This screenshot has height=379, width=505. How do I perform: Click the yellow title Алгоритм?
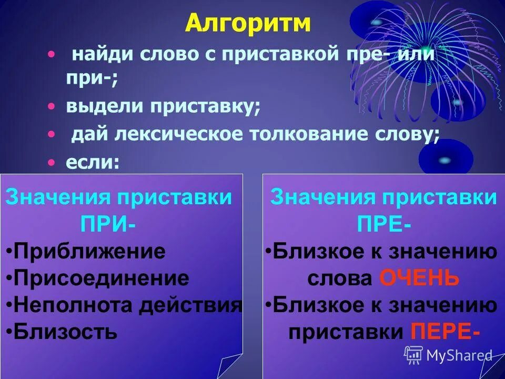click(248, 24)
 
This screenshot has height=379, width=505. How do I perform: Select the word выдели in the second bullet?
click(104, 106)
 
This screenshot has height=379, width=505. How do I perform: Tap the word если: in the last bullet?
click(93, 163)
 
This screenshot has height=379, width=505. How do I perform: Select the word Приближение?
click(90, 251)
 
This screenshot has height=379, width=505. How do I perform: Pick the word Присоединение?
click(102, 278)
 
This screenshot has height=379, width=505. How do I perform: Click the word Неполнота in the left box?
click(73, 305)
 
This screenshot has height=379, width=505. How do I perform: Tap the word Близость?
click(66, 332)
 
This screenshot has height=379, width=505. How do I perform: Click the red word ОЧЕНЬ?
click(419, 278)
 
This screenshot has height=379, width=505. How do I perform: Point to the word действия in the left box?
click(190, 305)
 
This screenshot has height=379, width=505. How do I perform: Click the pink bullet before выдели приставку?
click(51, 106)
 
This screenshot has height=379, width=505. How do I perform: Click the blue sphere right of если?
click(445, 159)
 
